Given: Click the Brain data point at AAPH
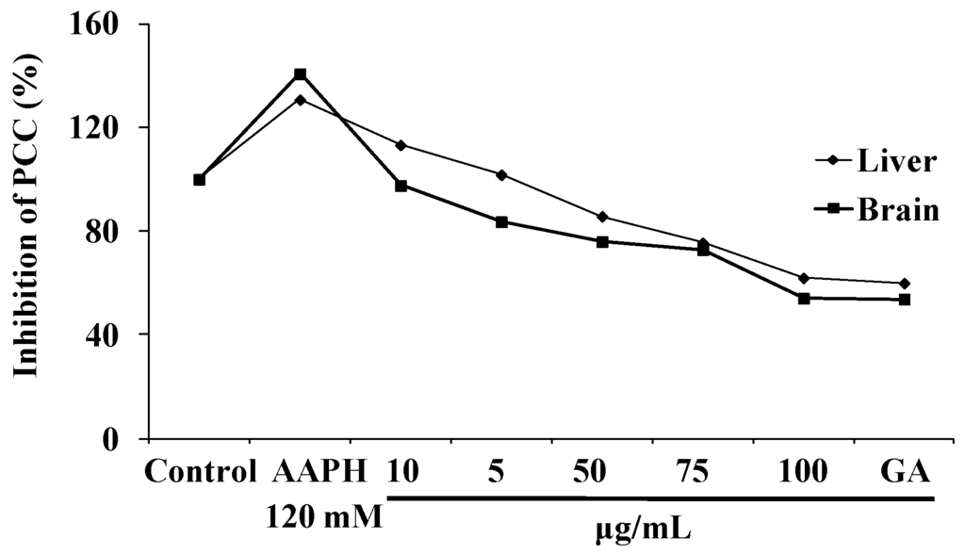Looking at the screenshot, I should coord(300,74).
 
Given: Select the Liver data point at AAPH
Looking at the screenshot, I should coord(300,99).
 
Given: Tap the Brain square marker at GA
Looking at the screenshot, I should coord(905,300).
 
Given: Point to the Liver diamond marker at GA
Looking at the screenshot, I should coord(905,283).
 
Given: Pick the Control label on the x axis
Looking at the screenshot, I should coord(200,471).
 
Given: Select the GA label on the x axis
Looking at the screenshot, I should coord(905,471).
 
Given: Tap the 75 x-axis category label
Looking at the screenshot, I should coord(703,471).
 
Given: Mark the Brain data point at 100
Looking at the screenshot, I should coord(804,298).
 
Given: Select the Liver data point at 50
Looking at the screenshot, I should coord(602,217).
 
